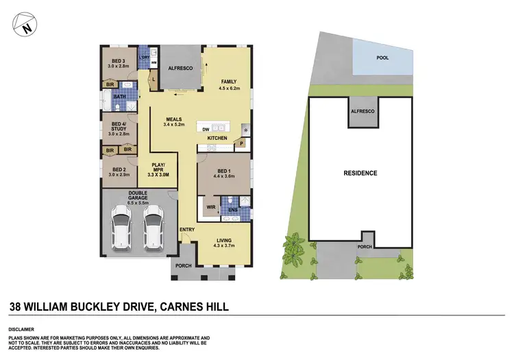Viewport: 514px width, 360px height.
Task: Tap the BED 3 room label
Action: point(119,60)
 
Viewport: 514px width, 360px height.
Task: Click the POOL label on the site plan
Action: point(382,58)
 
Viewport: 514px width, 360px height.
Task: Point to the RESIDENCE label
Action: point(360,173)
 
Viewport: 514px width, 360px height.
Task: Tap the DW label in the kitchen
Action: point(206,128)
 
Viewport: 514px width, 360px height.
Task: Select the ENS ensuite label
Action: point(233,210)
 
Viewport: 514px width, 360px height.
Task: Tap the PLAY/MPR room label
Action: point(159,168)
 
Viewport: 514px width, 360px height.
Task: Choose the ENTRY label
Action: point(187,230)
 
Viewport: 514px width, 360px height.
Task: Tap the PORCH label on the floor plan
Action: point(183,266)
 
